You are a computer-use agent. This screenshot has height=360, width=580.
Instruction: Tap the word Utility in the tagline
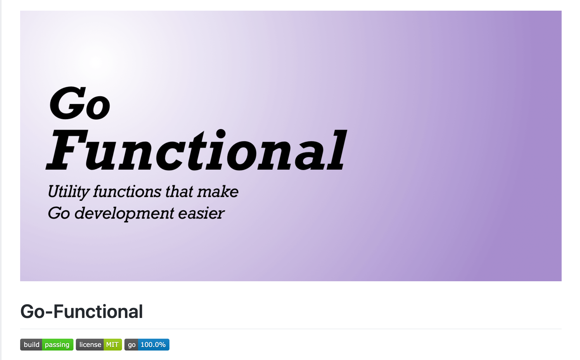pyautogui.click(x=68, y=192)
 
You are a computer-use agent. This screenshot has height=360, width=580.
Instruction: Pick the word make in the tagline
pyautogui.click(x=218, y=192)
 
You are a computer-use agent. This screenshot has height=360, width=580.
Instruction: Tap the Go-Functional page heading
pyautogui.click(x=81, y=311)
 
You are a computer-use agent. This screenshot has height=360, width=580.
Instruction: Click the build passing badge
pyautogui.click(x=47, y=345)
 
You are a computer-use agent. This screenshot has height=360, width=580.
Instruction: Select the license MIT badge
pyautogui.click(x=99, y=345)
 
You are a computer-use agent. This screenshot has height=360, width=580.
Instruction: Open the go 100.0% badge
pyautogui.click(x=147, y=345)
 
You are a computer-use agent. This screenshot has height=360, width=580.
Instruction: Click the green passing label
pyautogui.click(x=57, y=345)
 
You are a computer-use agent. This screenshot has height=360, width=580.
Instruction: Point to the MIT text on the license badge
pyautogui.click(x=112, y=345)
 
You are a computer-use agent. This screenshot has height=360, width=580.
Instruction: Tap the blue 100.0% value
pyautogui.click(x=153, y=345)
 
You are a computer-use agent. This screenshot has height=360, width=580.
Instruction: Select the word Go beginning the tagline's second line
pyautogui.click(x=59, y=213)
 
